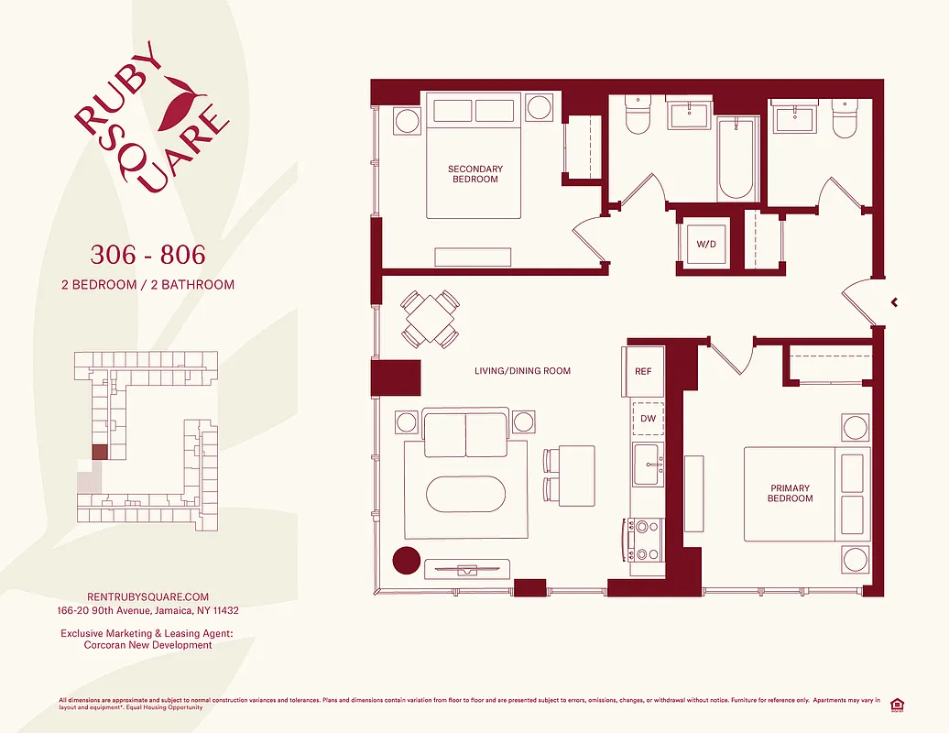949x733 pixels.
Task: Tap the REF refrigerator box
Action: click(643, 371)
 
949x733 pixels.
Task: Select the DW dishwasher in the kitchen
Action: click(648, 418)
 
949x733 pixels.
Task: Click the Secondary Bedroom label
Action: click(475, 174)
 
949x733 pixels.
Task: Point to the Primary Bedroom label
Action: click(790, 494)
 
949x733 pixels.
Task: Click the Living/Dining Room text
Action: click(522, 371)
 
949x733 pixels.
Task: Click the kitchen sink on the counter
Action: click(648, 464)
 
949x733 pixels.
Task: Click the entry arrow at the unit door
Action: click(894, 301)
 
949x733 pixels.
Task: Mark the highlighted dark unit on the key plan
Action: click(99, 452)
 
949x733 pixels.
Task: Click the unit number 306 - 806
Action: click(147, 254)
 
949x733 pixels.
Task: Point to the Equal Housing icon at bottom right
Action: click(897, 704)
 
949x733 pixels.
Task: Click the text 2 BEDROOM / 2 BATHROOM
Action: click(147, 285)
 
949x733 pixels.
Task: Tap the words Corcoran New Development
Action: click(147, 645)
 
